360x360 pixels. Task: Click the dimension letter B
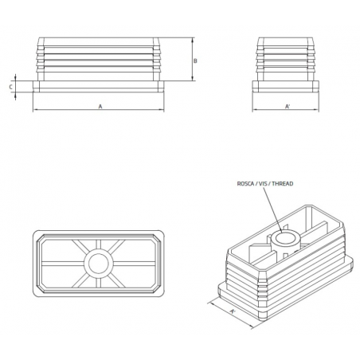[x=196, y=61]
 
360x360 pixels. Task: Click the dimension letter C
[x=10, y=86]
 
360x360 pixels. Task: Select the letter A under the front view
[x=100, y=105]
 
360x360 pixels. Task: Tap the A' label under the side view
[x=287, y=106]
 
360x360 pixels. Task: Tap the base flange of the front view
[x=100, y=86]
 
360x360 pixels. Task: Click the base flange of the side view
[x=287, y=86]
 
